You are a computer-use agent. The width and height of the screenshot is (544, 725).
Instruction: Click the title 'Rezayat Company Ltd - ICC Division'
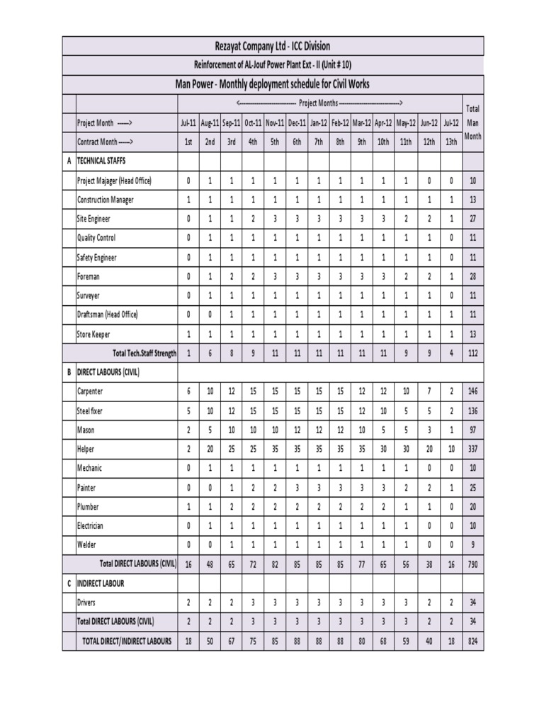[273, 46]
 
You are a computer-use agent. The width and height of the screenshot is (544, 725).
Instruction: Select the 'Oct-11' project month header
[253, 122]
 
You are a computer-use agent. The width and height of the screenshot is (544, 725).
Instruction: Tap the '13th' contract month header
[450, 142]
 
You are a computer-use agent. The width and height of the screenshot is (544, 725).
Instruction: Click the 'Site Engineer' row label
[97, 219]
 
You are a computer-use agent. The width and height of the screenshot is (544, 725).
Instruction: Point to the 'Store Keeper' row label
[93, 333]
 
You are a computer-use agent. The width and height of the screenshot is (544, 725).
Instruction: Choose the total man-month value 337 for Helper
[472, 449]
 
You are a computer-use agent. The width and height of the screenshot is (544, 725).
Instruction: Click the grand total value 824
[472, 641]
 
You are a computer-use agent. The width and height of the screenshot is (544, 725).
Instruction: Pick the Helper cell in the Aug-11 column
[210, 449]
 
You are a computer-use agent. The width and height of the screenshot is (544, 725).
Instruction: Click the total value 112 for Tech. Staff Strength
[472, 353]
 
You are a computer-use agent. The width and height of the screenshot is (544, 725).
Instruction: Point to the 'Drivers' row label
[86, 603]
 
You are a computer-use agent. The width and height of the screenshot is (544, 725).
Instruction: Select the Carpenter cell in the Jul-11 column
[188, 392]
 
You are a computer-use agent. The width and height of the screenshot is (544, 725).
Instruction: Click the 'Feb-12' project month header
[340, 122]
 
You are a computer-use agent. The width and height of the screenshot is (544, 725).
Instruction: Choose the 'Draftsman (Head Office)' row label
[108, 314]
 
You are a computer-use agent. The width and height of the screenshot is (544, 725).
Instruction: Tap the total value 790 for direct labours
[472, 564]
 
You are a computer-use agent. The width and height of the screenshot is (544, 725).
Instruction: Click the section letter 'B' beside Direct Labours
[69, 372]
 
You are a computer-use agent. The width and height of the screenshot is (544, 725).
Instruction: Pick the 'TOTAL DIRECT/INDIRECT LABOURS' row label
[127, 641]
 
